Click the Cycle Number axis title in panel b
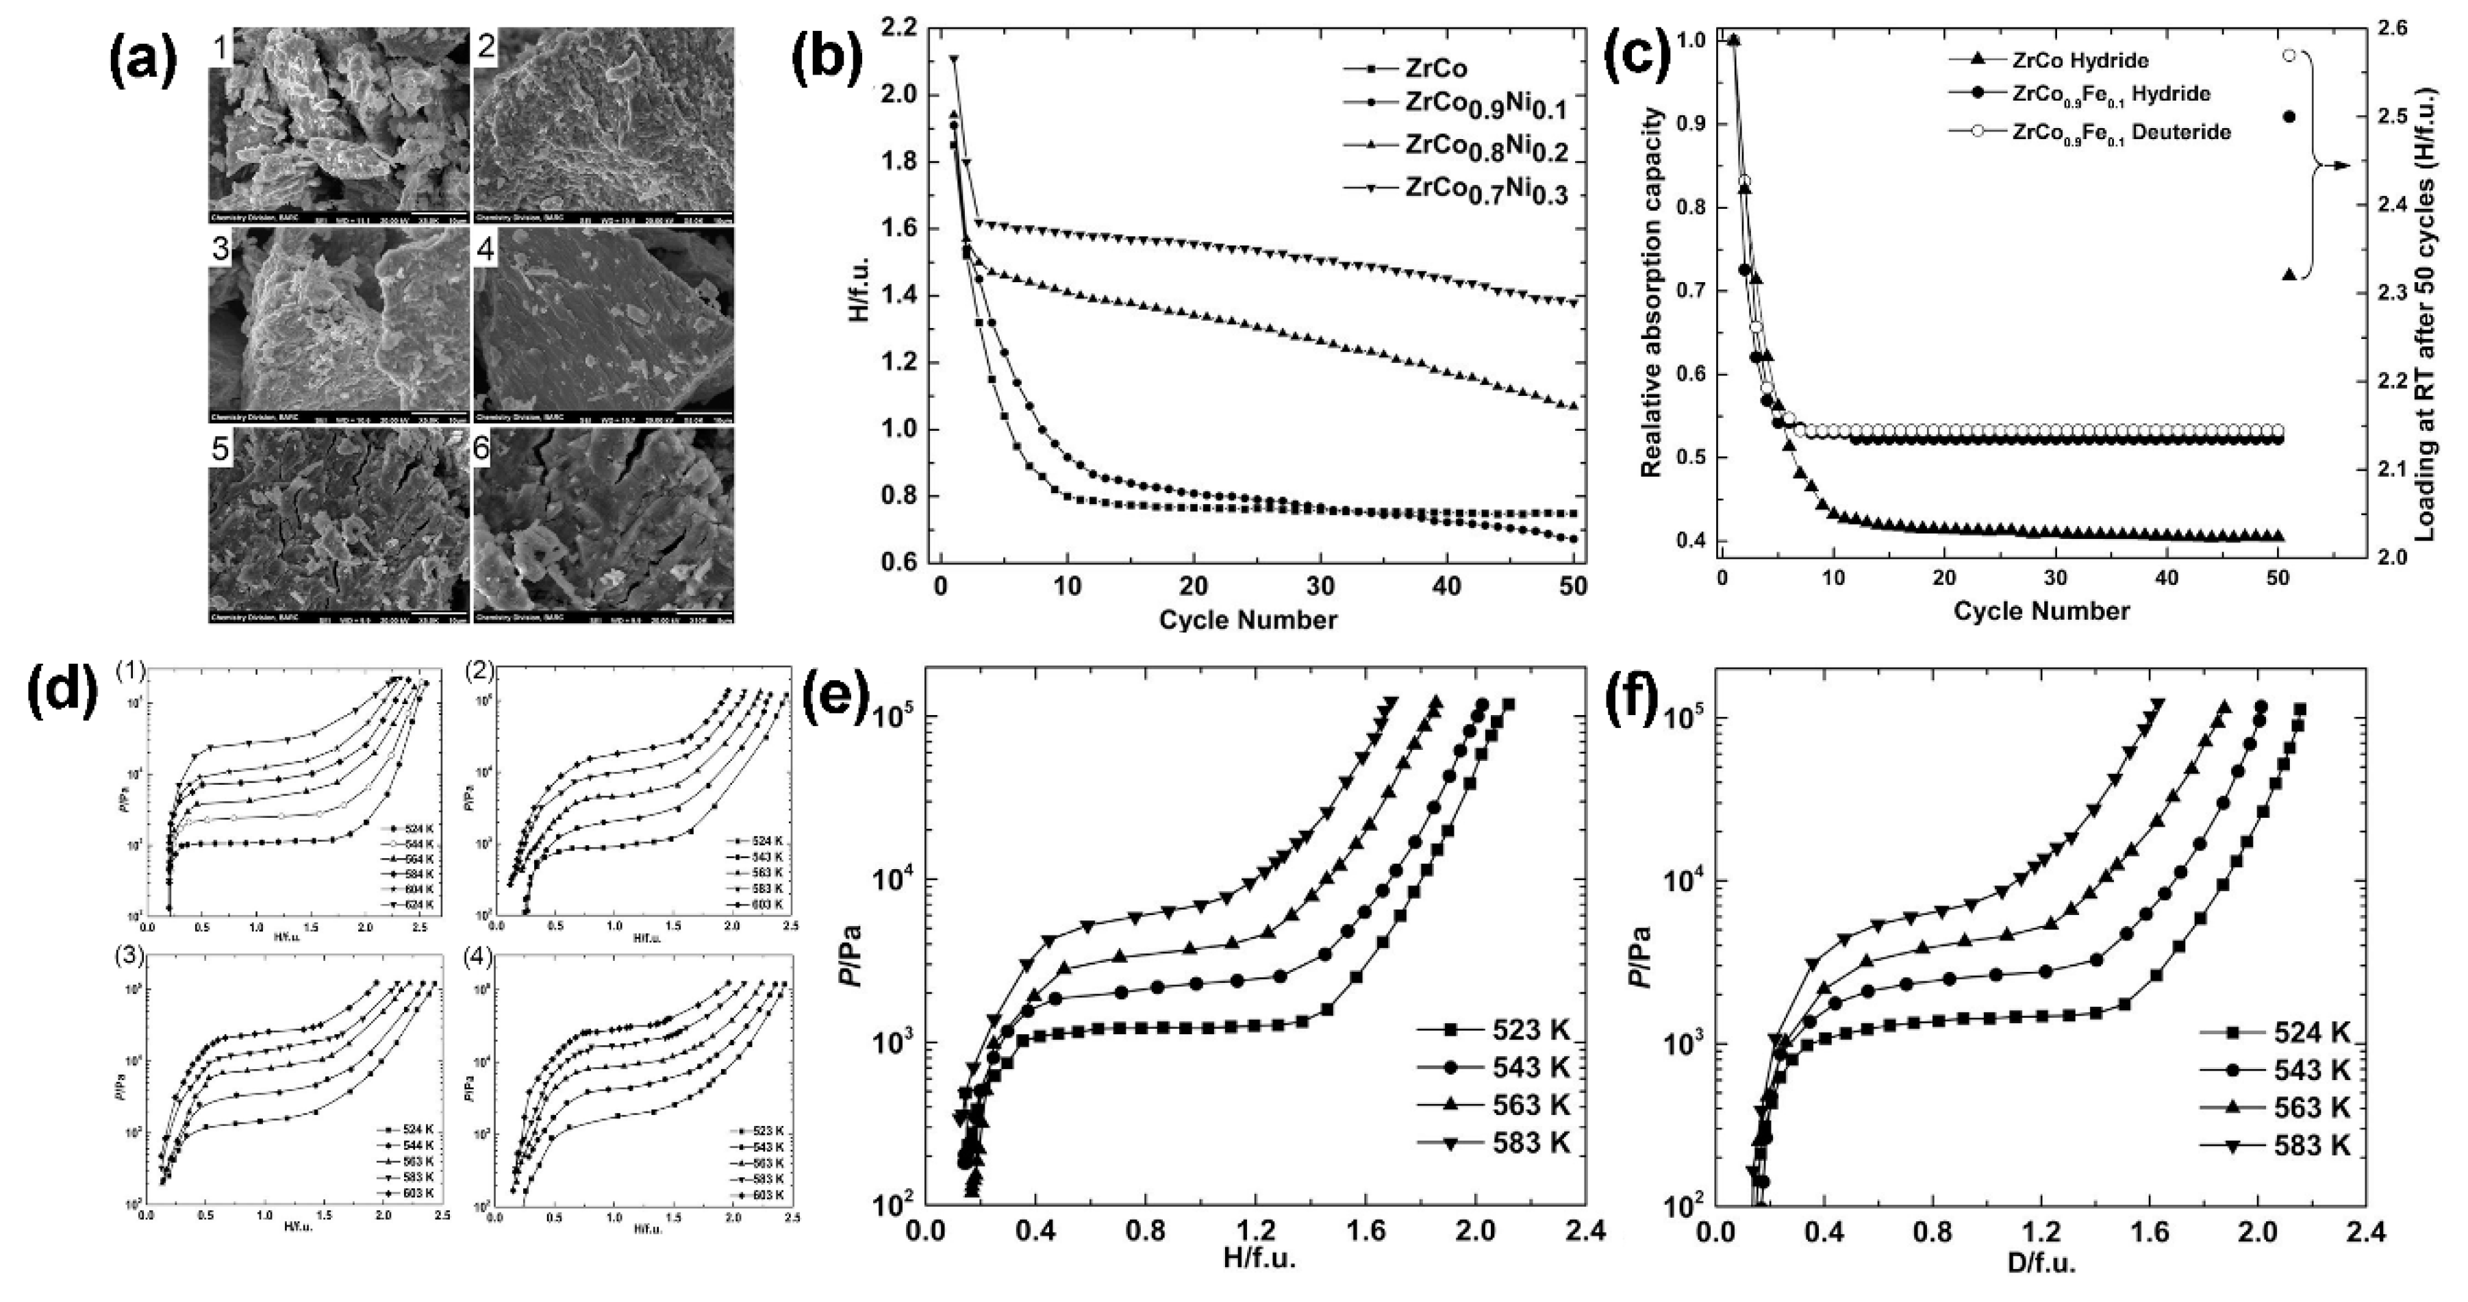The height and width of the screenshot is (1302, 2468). click(x=1248, y=620)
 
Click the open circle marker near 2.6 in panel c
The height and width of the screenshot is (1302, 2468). click(x=2289, y=55)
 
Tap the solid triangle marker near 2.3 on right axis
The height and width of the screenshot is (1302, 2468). click(x=2289, y=274)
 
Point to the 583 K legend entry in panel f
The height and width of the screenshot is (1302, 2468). click(x=2312, y=1145)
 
